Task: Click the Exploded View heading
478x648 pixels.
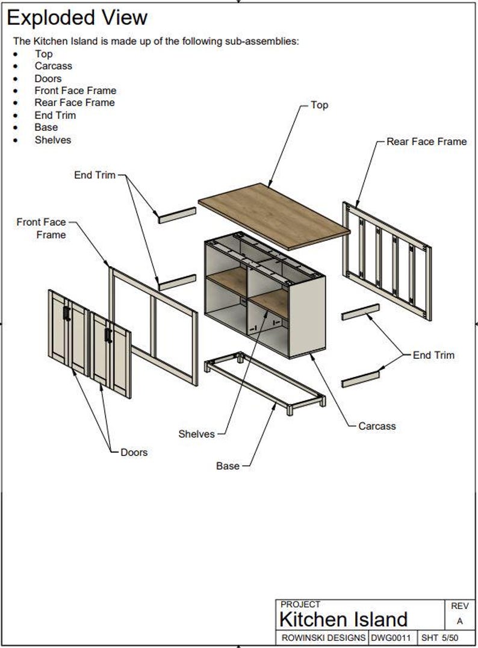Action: pyautogui.click(x=77, y=17)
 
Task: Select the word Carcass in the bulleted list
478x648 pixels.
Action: pyautogui.click(x=53, y=66)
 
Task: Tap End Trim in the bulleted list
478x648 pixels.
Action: pyautogui.click(x=55, y=115)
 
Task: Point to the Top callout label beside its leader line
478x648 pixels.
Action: pyautogui.click(x=319, y=105)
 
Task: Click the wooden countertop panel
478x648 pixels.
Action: pyautogui.click(x=274, y=216)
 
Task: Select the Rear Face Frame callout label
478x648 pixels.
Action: pyautogui.click(x=426, y=142)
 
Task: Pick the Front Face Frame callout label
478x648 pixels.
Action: pyautogui.click(x=42, y=228)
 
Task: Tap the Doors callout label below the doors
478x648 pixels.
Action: pyautogui.click(x=134, y=452)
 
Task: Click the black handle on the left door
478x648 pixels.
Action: pyautogui.click(x=66, y=313)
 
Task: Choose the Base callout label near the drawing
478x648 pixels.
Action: pyautogui.click(x=228, y=466)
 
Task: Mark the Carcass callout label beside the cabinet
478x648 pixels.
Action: pyautogui.click(x=377, y=426)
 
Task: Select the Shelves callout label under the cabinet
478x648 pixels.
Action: pyautogui.click(x=196, y=434)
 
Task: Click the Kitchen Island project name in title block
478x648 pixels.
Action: pyautogui.click(x=343, y=619)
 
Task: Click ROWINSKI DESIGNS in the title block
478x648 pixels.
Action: pyautogui.click(x=323, y=637)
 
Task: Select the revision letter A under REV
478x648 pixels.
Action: pyautogui.click(x=460, y=622)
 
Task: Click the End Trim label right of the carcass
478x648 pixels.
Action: pyautogui.click(x=433, y=355)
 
